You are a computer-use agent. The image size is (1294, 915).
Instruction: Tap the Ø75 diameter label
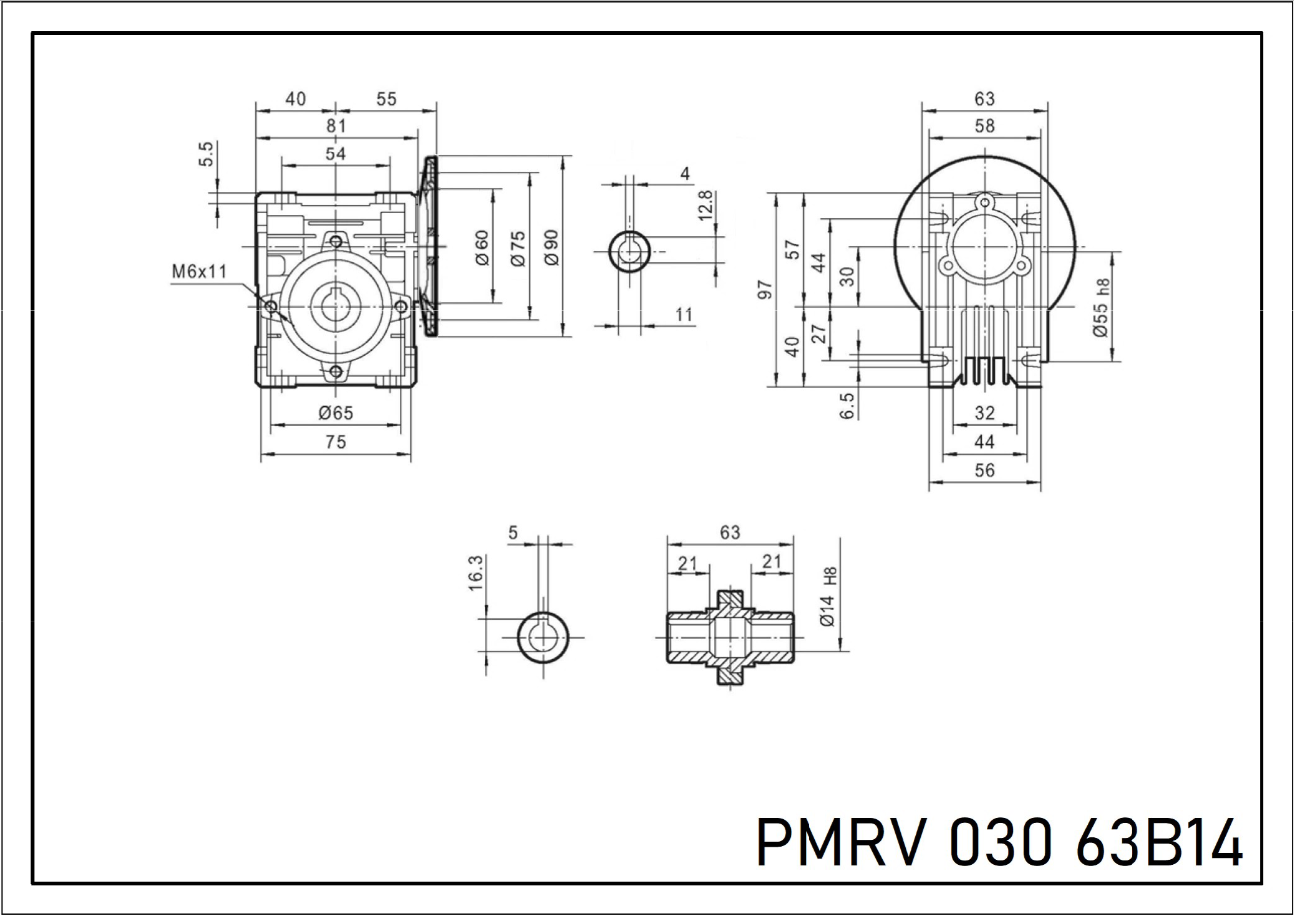pos(517,248)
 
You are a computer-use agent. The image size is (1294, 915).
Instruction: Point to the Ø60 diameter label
pos(482,248)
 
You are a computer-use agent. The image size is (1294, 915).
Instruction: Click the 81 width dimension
pos(336,126)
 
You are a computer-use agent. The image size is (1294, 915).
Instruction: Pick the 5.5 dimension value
pos(206,155)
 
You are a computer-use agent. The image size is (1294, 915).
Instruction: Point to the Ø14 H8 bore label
pos(827,596)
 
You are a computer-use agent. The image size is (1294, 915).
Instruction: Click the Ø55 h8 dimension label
pos(1102,307)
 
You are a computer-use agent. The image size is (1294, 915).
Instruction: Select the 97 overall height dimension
pos(766,289)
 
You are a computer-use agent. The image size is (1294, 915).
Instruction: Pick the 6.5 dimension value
pos(848,406)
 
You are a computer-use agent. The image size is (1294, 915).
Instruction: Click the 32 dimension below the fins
pos(984,413)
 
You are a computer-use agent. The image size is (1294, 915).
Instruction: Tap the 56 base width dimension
pos(984,472)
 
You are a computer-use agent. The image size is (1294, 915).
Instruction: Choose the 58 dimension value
pos(984,126)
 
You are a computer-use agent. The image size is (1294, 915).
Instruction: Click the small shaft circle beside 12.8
pos(630,250)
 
